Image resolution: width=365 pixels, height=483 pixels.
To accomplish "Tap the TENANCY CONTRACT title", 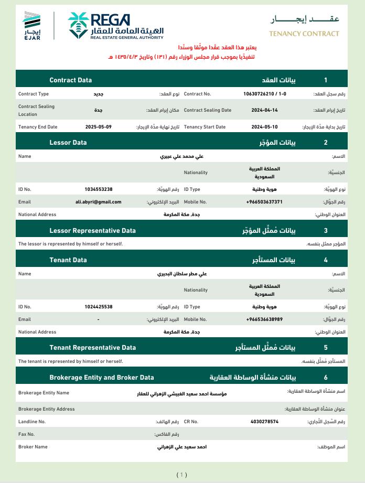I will click(304, 34).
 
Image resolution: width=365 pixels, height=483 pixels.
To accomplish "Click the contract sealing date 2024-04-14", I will click(264, 110).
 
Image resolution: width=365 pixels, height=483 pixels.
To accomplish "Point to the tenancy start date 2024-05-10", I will click(264, 127).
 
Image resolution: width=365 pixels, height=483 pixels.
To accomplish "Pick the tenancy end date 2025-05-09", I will click(99, 127).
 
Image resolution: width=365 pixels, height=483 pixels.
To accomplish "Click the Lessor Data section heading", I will click(68, 142).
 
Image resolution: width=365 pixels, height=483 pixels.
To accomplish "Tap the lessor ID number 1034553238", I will click(99, 189).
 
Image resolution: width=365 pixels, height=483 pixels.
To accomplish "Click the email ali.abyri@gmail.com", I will click(99, 201).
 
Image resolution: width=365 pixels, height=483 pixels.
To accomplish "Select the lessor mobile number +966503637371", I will click(264, 201).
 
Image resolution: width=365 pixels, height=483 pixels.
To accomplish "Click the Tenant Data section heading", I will click(68, 260).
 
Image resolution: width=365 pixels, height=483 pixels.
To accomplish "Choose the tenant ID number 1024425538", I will click(99, 306).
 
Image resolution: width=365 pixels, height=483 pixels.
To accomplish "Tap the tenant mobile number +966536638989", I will click(264, 319).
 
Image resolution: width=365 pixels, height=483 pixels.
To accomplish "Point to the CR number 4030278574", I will click(264, 421).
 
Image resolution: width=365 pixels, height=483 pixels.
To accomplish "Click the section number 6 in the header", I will click(326, 377).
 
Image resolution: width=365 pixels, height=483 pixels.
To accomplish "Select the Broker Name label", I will click(33, 447).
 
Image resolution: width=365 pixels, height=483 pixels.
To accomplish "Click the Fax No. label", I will click(26, 434).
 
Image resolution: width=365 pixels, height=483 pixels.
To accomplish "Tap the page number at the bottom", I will click(181, 475).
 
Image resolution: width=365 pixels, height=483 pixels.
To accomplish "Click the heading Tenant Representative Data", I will click(92, 347).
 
